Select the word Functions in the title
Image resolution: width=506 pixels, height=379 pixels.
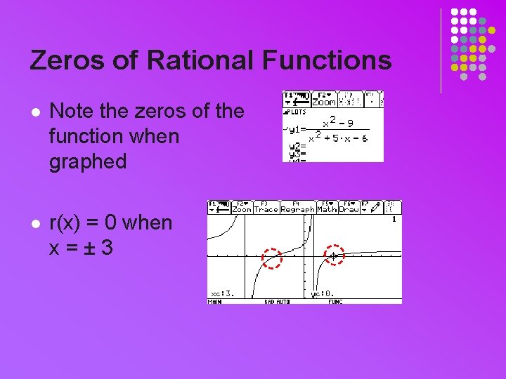pyautogui.click(x=327, y=60)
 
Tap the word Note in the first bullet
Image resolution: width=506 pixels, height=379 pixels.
pyautogui.click(x=72, y=111)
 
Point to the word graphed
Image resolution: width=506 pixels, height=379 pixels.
pyautogui.click(x=88, y=161)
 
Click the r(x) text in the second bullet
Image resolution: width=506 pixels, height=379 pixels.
pyautogui.click(x=67, y=222)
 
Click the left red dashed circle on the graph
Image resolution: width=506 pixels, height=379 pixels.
pyautogui.click(x=271, y=258)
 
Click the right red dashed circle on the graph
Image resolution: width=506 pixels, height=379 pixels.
pyautogui.click(x=335, y=255)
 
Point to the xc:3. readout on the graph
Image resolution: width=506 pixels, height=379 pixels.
pyautogui.click(x=222, y=294)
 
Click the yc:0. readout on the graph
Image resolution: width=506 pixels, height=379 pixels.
pyautogui.click(x=323, y=294)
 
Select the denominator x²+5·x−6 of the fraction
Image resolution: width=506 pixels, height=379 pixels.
pyautogui.click(x=339, y=138)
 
